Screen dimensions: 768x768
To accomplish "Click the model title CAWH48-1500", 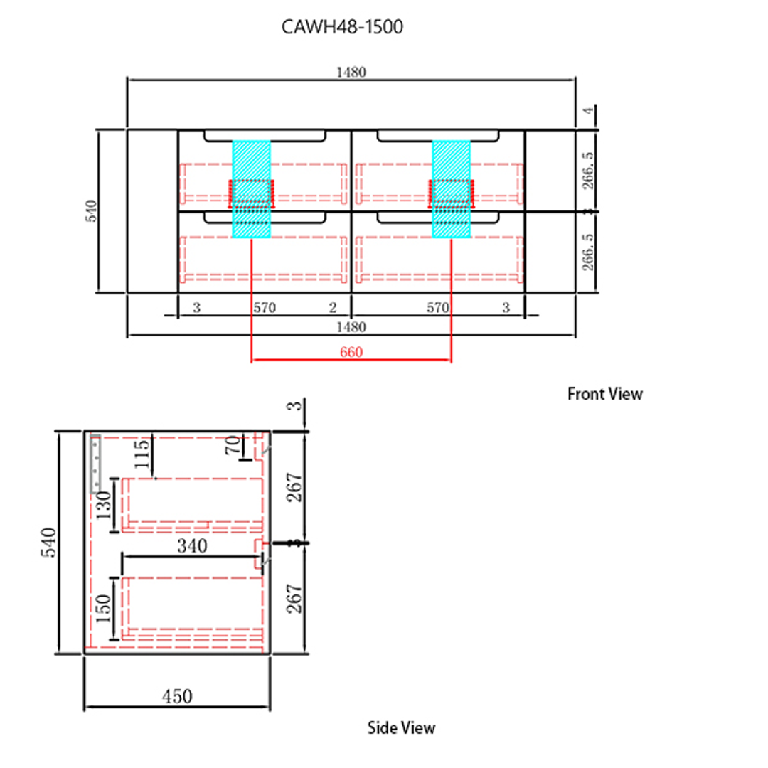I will click(x=343, y=27).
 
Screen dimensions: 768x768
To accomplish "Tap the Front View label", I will click(x=604, y=393).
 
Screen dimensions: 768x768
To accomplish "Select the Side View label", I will click(x=401, y=727).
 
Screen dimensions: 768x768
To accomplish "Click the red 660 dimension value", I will click(x=351, y=352).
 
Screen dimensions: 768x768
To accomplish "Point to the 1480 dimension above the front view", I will click(x=351, y=71).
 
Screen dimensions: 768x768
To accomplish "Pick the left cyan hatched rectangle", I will click(x=251, y=188).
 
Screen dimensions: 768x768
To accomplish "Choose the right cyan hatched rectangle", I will click(x=451, y=188).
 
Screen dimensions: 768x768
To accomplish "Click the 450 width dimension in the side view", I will click(x=176, y=696).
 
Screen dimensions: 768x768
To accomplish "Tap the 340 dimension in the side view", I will click(x=192, y=545).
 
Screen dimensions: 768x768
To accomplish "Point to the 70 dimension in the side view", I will click(x=232, y=446).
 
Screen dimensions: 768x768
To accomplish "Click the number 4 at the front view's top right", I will click(x=587, y=113).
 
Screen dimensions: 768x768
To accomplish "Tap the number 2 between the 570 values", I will click(x=333, y=308).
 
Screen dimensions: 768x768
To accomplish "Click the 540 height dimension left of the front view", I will click(x=91, y=210).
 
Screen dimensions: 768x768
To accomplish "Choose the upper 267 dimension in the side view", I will click(x=296, y=487).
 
